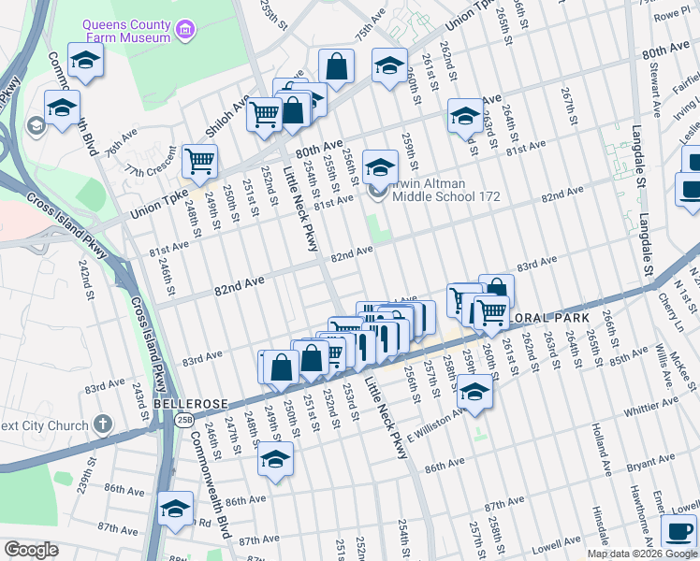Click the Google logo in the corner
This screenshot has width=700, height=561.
[x=31, y=550]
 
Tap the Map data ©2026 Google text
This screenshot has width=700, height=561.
[x=642, y=554]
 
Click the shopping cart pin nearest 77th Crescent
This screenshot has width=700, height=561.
[x=199, y=162]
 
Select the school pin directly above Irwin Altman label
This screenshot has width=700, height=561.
[x=379, y=167]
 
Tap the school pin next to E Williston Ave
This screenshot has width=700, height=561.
[x=475, y=394]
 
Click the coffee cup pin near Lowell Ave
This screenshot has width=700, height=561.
[x=679, y=531]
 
